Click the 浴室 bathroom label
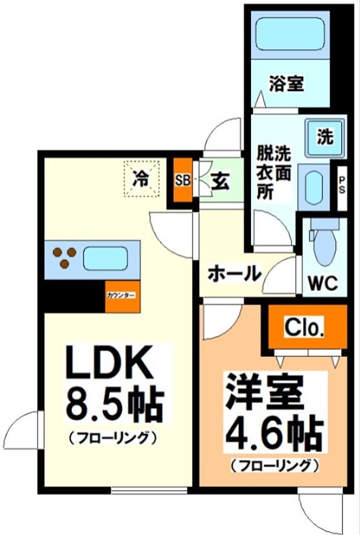point(286,84)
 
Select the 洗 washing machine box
point(325,138)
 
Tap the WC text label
point(321,283)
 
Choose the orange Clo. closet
point(305,328)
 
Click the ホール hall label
point(234,273)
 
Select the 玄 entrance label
point(221,181)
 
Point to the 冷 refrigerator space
point(141,179)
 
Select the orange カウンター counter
point(121,296)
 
